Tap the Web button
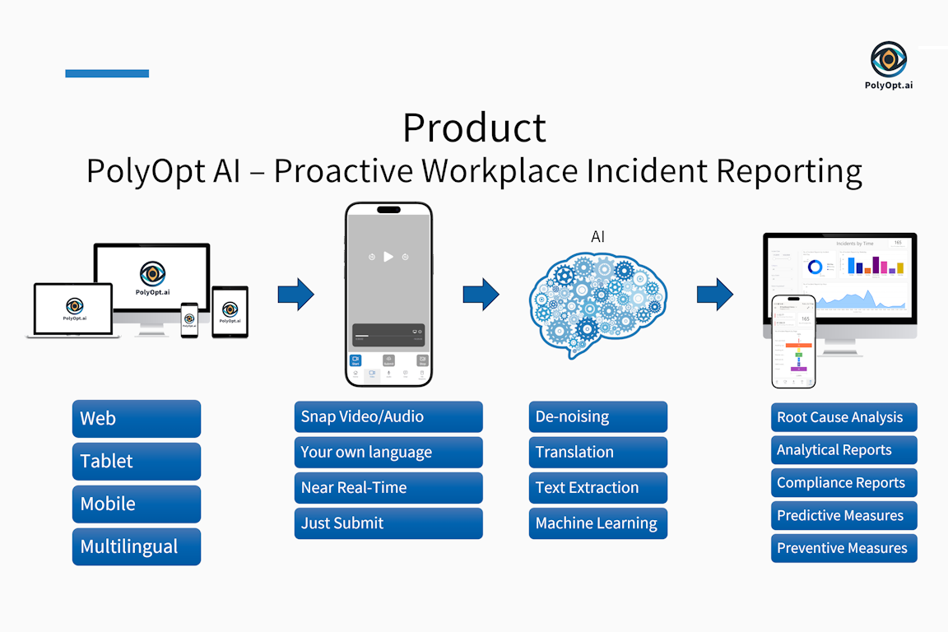point(137,418)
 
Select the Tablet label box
point(137,461)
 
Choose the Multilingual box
point(137,546)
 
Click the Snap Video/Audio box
point(388,416)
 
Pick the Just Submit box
point(388,523)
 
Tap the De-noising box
point(598,416)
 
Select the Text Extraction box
point(598,487)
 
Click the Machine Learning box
point(598,523)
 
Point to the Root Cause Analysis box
point(843,417)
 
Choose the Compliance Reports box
point(843,483)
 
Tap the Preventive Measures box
point(843,548)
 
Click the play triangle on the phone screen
point(389,257)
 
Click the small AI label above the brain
point(598,237)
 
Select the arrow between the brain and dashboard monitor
point(714,294)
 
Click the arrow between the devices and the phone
point(295,294)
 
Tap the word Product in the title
point(474,128)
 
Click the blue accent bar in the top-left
point(107,73)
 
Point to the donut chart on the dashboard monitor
point(815,267)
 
